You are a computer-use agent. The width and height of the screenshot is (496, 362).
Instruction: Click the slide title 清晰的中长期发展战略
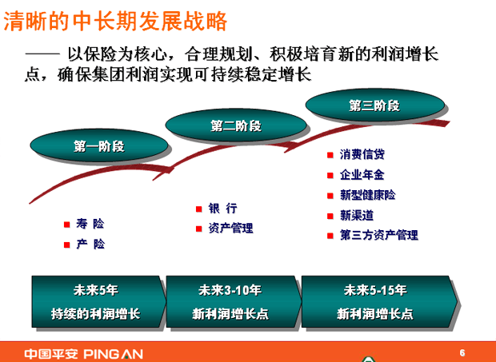(x=115, y=21)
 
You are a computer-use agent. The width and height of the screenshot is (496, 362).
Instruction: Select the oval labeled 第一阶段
(x=99, y=145)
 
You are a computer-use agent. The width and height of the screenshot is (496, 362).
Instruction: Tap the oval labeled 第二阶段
(x=236, y=125)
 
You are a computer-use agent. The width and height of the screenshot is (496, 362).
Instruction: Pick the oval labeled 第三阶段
(x=375, y=105)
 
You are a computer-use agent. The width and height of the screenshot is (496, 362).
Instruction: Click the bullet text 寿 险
(x=90, y=224)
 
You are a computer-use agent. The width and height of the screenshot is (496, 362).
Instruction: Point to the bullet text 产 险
(x=90, y=244)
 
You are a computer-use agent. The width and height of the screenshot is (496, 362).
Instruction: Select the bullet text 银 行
(x=222, y=208)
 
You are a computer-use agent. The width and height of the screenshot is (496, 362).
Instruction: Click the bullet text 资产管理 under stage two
(x=230, y=228)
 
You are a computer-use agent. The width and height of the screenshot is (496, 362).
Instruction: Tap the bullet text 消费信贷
(x=362, y=154)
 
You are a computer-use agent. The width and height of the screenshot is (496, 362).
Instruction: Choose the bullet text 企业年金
(x=362, y=175)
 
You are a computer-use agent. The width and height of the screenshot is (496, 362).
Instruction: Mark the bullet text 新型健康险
(x=367, y=195)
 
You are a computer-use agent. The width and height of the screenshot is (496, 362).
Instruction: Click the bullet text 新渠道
(x=357, y=215)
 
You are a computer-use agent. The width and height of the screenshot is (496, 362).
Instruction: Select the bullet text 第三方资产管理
(x=379, y=235)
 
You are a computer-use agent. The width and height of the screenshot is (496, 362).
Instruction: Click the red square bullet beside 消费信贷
(x=330, y=155)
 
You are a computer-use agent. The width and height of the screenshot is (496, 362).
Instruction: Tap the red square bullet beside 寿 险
(x=66, y=225)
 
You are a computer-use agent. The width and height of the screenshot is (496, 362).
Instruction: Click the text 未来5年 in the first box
(x=96, y=290)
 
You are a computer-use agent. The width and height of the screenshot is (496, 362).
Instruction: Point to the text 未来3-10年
(x=230, y=290)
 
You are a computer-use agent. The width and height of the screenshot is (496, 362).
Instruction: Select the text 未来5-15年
(x=375, y=290)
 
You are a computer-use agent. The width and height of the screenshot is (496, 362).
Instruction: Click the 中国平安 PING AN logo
(x=83, y=354)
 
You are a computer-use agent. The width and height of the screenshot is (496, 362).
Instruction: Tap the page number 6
(x=462, y=352)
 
